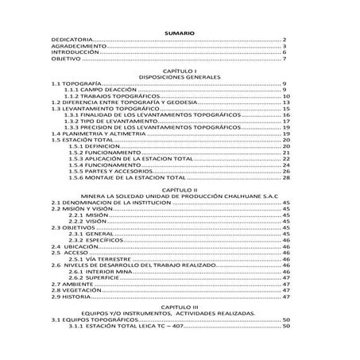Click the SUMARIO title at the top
coord(180,31)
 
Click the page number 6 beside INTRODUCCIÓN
coord(285,52)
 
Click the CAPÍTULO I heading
coord(180,71)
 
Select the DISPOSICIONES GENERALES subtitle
coord(180,77)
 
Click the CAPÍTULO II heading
coord(180,191)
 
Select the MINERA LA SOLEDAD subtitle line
coord(180,197)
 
